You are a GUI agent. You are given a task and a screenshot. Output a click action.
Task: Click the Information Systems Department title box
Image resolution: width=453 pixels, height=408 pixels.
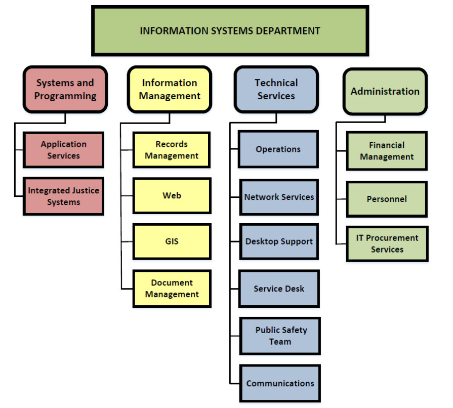click(x=230, y=30)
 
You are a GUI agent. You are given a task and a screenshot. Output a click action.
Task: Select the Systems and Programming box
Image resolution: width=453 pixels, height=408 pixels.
click(x=65, y=89)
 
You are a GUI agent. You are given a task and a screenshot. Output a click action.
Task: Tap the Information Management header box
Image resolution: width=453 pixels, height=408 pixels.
click(x=170, y=89)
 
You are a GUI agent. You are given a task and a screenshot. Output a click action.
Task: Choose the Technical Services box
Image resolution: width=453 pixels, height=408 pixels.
click(x=276, y=89)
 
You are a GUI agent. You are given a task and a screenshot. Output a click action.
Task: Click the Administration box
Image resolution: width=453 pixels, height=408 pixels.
click(x=385, y=92)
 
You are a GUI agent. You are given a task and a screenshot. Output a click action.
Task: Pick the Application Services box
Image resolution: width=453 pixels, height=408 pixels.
click(x=63, y=150)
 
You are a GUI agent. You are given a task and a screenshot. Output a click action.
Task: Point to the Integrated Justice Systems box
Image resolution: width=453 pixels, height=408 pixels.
click(x=63, y=196)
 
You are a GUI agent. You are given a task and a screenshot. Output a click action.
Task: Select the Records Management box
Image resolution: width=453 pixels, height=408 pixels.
click(x=172, y=150)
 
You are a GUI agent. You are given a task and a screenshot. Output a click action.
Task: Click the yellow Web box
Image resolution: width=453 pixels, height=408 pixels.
click(x=172, y=195)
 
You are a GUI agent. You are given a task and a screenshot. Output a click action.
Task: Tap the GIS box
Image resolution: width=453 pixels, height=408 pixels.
click(x=172, y=241)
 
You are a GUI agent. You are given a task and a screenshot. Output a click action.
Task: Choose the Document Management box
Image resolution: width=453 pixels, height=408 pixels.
click(x=172, y=289)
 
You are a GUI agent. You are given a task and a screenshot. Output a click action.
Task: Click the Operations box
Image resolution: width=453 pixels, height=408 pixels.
click(x=278, y=149)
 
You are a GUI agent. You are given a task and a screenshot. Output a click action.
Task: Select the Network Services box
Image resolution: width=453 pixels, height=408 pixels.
click(x=279, y=197)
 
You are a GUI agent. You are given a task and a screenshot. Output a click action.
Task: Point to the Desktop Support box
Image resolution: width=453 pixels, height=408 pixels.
click(x=279, y=241)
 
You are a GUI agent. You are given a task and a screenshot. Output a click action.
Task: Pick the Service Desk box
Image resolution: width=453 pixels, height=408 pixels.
click(x=279, y=289)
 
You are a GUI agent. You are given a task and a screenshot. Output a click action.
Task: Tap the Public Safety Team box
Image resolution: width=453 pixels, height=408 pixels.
click(x=280, y=336)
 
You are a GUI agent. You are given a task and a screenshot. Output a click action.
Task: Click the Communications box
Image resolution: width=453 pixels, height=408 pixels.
click(x=280, y=383)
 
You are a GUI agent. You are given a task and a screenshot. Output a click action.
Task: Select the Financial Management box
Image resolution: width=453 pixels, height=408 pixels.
click(x=387, y=151)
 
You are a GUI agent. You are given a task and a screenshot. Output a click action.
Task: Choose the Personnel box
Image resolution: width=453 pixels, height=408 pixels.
click(x=387, y=199)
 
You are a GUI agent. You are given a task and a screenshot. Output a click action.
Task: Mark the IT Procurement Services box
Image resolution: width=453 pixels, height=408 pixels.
click(x=387, y=243)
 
